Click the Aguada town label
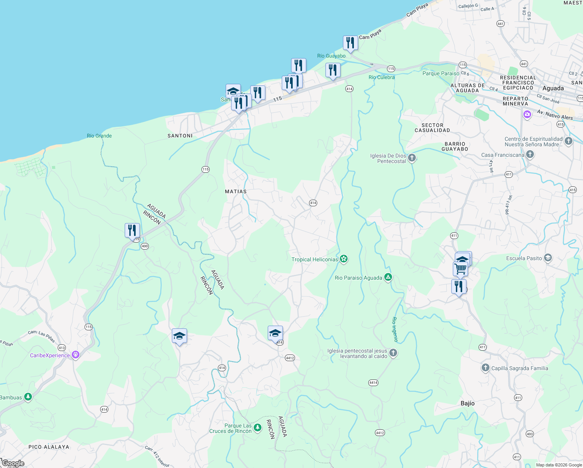(553, 88)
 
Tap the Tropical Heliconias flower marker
(343, 259)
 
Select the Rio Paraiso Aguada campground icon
(388, 277)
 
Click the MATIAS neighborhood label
(236, 191)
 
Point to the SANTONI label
(180, 136)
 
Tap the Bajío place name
(467, 403)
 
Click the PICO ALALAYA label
(49, 447)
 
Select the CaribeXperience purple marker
(76, 355)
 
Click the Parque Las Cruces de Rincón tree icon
(258, 428)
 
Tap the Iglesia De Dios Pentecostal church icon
(412, 158)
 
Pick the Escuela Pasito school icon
(548, 258)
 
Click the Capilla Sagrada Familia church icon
(485, 368)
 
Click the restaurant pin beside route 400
(132, 230)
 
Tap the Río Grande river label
(99, 136)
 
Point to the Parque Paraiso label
(441, 73)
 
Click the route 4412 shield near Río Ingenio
(380, 433)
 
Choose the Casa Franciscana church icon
(530, 155)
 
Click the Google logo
(13, 463)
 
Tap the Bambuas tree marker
(28, 397)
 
